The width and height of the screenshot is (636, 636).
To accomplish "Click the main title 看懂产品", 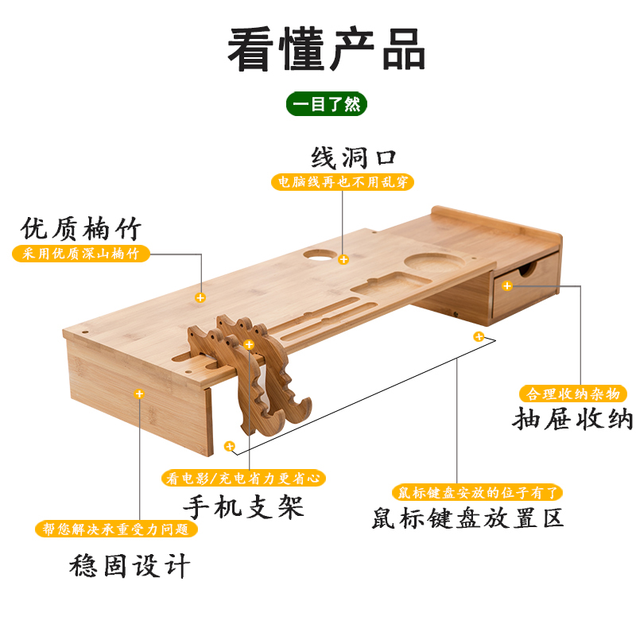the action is click(x=327, y=49).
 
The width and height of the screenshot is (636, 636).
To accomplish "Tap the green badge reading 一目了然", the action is click(x=327, y=104).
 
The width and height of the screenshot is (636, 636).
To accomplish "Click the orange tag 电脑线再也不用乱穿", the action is click(x=343, y=182).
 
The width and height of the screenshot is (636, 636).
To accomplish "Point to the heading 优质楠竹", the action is click(x=81, y=230).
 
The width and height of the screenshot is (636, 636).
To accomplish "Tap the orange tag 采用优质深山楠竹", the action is click(x=81, y=254).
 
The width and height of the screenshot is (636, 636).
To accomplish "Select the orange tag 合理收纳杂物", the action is click(x=572, y=394).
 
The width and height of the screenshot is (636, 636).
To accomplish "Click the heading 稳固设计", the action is click(x=129, y=566).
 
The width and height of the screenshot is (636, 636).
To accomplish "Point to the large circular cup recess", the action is click(x=429, y=263).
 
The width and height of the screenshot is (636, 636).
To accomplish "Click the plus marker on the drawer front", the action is click(x=507, y=285).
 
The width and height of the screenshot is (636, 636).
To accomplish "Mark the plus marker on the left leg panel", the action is click(x=139, y=393).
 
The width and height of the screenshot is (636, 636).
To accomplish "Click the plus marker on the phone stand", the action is click(x=249, y=345).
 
